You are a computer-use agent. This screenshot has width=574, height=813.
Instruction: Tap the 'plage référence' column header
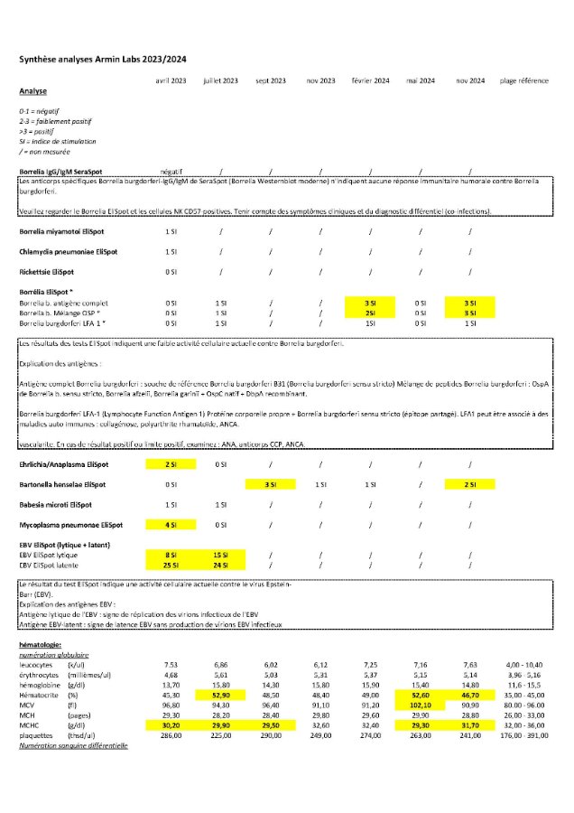pos(523,80)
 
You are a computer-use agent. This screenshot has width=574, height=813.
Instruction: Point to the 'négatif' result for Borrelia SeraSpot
pos(171,171)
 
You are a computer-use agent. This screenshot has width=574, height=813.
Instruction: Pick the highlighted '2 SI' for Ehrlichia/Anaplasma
pos(171,464)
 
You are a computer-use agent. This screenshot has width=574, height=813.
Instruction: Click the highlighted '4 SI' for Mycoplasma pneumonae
pos(171,525)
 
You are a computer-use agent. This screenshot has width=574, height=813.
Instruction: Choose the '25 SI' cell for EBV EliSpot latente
pos(171,565)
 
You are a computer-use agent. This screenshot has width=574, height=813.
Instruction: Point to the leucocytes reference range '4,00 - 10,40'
pos(523,662)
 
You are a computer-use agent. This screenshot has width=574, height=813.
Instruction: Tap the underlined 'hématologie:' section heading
pos(41,643)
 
